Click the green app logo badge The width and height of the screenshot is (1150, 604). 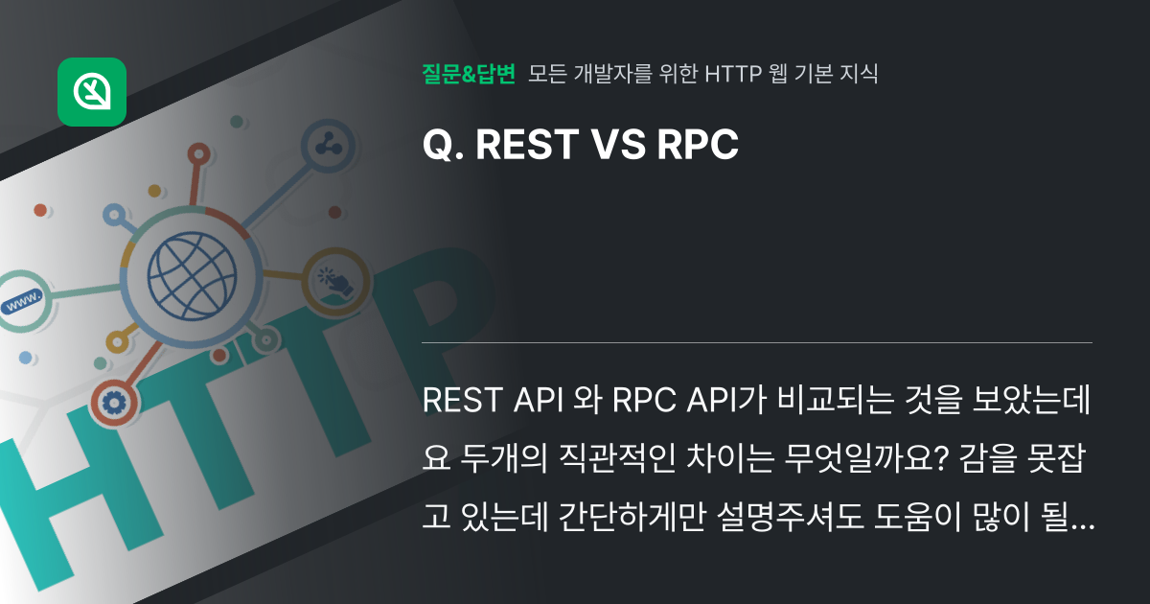(92, 92)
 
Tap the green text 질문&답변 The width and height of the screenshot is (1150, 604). (469, 74)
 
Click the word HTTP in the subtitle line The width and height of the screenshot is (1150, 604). (733, 74)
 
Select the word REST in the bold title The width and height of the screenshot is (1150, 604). (527, 145)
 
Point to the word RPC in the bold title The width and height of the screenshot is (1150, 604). (698, 145)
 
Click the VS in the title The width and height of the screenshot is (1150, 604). (619, 145)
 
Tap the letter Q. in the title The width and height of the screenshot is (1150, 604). (443, 145)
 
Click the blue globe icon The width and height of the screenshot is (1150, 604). (192, 276)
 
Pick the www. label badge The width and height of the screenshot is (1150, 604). (23, 301)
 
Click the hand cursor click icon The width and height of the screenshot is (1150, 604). (335, 281)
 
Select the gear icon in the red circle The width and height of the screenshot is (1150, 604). (114, 404)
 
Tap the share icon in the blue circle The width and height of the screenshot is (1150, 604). (329, 146)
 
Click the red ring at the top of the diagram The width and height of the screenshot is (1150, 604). (198, 154)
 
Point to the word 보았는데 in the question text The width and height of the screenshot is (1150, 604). (1031, 400)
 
